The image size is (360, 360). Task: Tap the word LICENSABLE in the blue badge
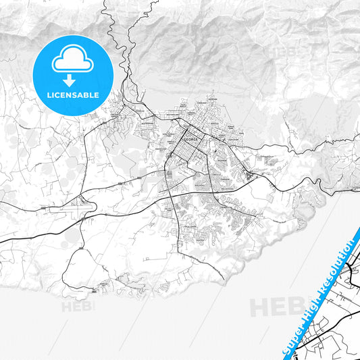(x=72, y=95)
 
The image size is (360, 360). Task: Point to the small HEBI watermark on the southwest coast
(x=78, y=306)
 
